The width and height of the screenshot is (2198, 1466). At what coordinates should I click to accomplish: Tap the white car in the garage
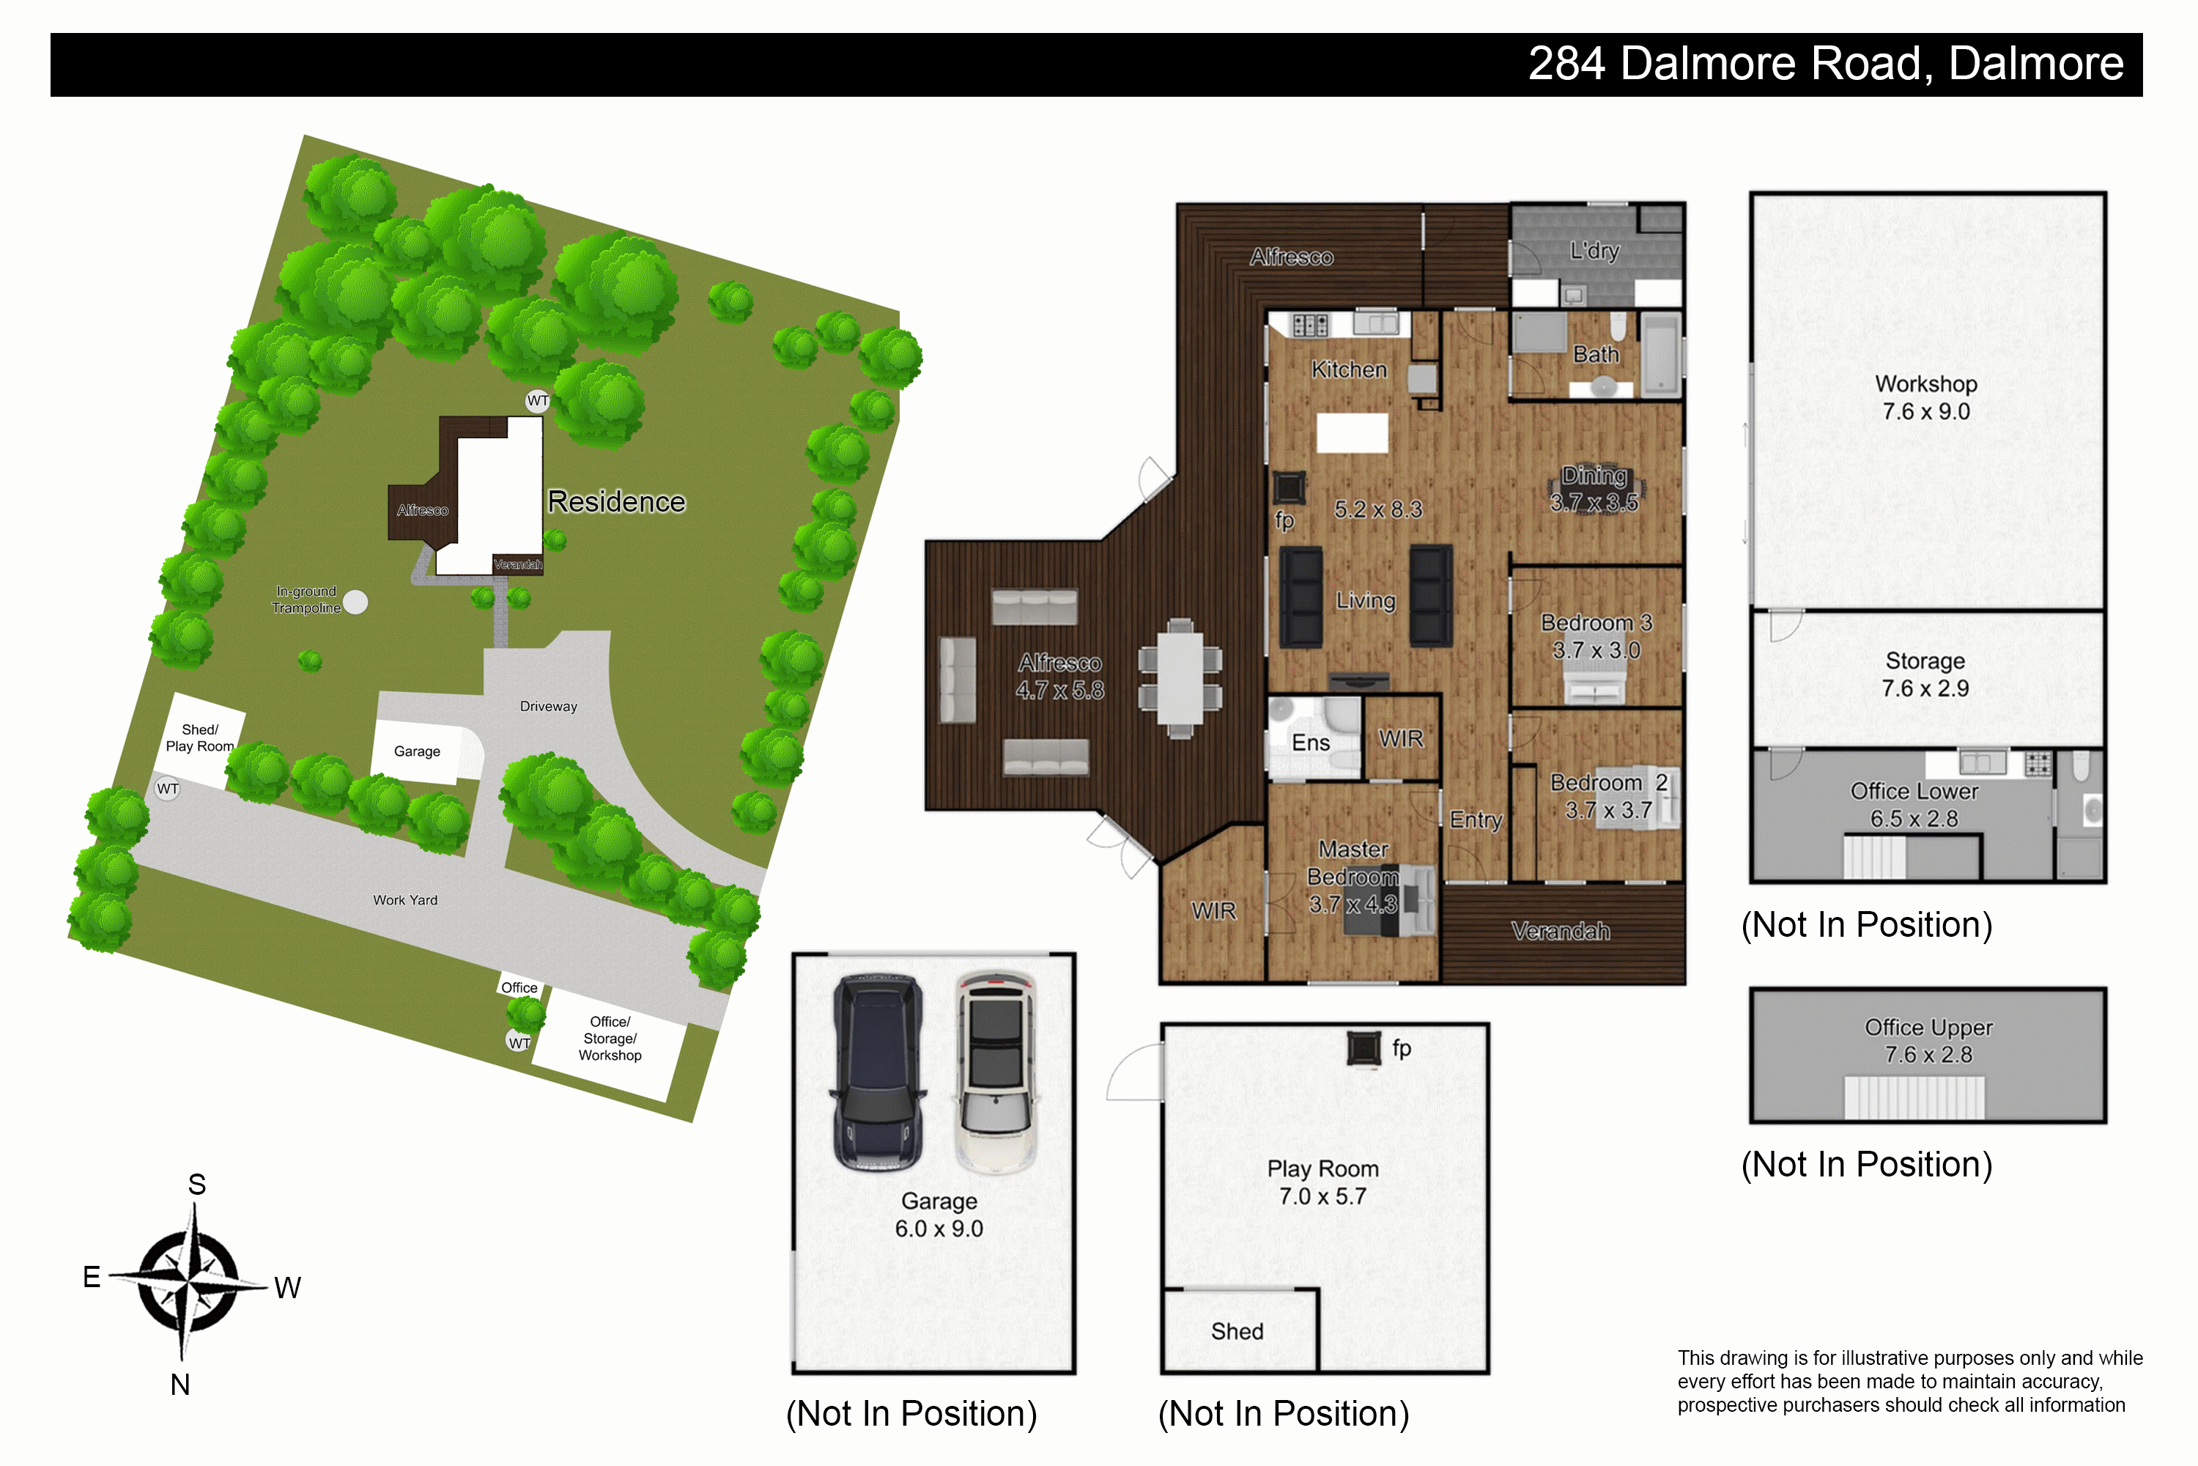[x=996, y=1073]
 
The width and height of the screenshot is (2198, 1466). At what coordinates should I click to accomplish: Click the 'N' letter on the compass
[x=180, y=1385]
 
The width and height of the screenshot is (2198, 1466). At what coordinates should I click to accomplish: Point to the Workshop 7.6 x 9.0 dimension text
[x=1926, y=411]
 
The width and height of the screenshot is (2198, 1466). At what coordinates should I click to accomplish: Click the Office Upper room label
[x=1929, y=1028]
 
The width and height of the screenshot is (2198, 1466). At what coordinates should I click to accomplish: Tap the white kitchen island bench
[x=1351, y=433]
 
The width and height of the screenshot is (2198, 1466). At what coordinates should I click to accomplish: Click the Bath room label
[x=1596, y=354]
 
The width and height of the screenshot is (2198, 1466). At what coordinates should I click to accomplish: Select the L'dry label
[x=1594, y=251]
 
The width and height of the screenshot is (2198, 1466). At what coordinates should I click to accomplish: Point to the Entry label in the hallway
[x=1476, y=820]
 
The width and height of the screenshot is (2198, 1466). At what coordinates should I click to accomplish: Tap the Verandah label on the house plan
[x=1561, y=930]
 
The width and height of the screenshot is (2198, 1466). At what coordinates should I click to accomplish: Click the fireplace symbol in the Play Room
[x=1363, y=1048]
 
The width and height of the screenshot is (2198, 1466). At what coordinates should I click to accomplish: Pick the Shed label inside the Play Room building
[x=1237, y=1331]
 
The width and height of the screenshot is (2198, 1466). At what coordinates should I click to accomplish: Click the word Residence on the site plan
[x=616, y=502]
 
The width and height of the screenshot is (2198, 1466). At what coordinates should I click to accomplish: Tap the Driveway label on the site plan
[x=549, y=707]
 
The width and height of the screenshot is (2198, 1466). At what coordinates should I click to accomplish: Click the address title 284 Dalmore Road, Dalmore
[x=1826, y=65]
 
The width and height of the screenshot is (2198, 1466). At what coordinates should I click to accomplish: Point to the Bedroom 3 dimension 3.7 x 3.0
[x=1596, y=649]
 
